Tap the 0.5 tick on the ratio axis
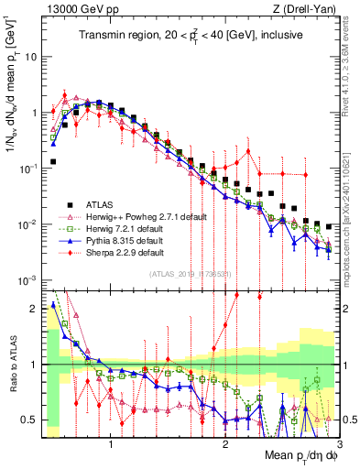pyautogui.click(x=29, y=420)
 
